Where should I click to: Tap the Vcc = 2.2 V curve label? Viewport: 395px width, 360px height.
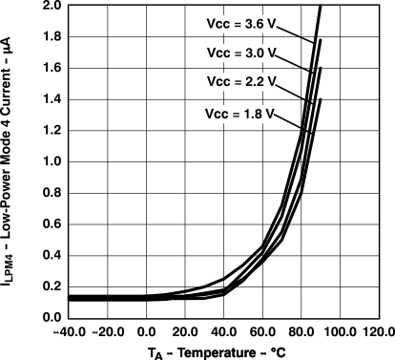pos(243,82)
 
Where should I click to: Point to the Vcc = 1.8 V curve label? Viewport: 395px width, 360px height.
pos(239,114)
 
